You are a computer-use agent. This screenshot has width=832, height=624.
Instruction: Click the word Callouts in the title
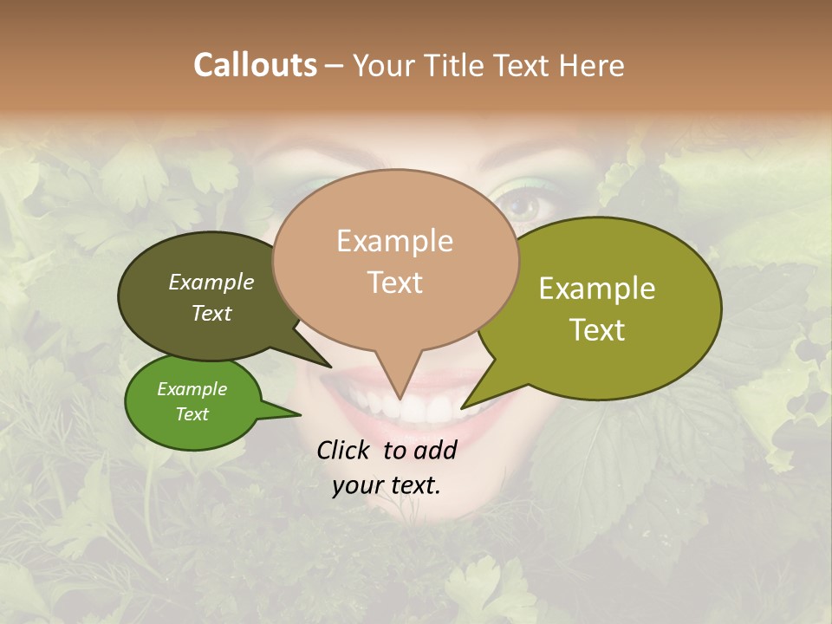tap(255, 65)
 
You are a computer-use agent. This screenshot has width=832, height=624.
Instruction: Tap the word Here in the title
tap(591, 65)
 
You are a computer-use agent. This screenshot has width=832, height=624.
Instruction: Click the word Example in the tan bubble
tap(395, 241)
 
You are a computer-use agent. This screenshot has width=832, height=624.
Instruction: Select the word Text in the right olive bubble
tap(597, 330)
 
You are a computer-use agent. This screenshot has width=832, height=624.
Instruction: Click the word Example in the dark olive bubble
tap(211, 283)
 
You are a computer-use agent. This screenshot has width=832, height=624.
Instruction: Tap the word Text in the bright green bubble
tap(192, 414)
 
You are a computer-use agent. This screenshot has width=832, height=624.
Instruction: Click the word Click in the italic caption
tap(345, 450)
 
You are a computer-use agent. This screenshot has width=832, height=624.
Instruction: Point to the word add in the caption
tap(436, 450)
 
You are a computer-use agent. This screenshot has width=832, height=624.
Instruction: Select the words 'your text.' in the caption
tap(387, 485)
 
